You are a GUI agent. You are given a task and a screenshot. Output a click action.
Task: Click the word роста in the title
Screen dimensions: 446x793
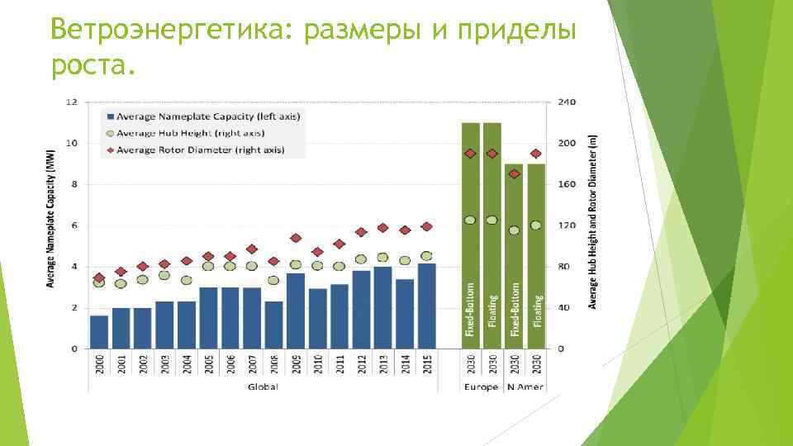(88, 65)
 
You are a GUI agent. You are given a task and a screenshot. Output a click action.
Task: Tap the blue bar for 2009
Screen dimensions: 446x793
(296, 310)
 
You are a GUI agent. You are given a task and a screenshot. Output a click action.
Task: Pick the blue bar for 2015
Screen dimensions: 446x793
(426, 306)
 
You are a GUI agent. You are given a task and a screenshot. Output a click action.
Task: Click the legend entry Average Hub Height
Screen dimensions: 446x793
(190, 133)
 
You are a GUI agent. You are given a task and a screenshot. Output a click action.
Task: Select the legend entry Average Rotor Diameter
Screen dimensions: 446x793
(200, 149)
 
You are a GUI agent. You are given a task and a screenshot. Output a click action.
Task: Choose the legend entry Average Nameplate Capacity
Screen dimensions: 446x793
(207, 116)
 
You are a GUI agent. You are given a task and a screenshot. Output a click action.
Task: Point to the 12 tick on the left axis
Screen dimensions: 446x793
(71, 102)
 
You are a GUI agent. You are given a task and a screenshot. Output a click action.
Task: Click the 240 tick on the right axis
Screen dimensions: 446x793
(567, 102)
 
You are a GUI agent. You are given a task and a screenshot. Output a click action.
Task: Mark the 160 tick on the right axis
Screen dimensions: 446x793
(567, 184)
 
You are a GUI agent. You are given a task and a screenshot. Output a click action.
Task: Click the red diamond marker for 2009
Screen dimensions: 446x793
(296, 238)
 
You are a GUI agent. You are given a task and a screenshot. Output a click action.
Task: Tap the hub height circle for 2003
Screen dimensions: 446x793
(164, 275)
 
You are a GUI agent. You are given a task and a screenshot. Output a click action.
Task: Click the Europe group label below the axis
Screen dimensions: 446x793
(480, 387)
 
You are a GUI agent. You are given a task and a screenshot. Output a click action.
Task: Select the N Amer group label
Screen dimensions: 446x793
(525, 387)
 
